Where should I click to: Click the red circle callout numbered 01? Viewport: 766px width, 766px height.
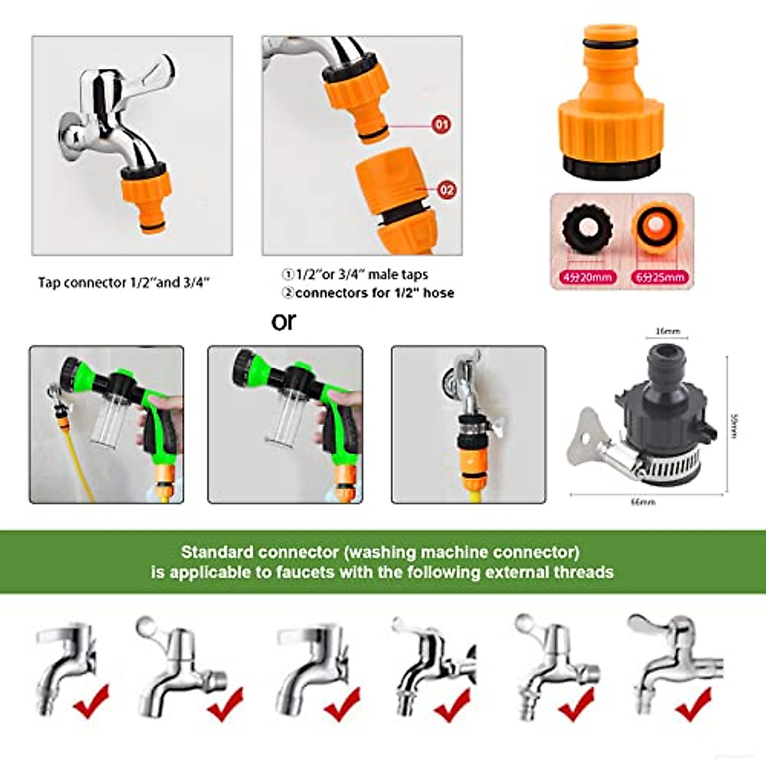coord(441,124)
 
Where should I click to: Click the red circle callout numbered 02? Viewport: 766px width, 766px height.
coord(446,190)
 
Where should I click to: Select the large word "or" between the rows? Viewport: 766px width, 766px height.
coord(283,321)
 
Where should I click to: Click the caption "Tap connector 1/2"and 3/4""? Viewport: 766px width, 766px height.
coord(124,282)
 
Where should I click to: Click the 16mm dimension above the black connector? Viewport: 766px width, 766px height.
coord(668,331)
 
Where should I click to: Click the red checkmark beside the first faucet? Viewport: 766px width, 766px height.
coord(91,700)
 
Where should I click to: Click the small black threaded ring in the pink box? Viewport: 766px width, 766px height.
coord(587,227)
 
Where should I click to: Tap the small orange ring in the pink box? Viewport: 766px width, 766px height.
coord(657,227)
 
